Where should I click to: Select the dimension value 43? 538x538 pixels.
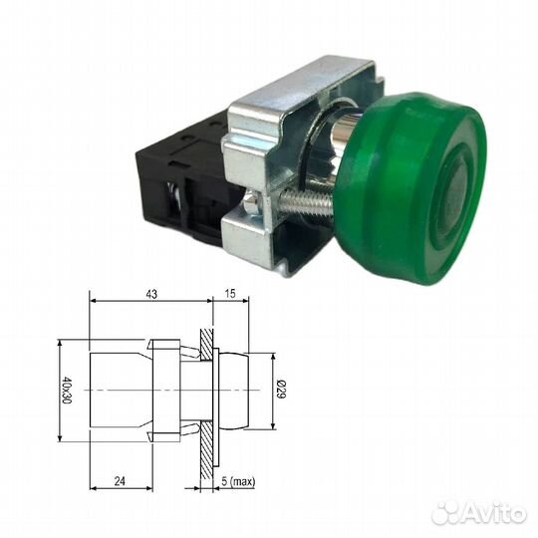151,296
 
